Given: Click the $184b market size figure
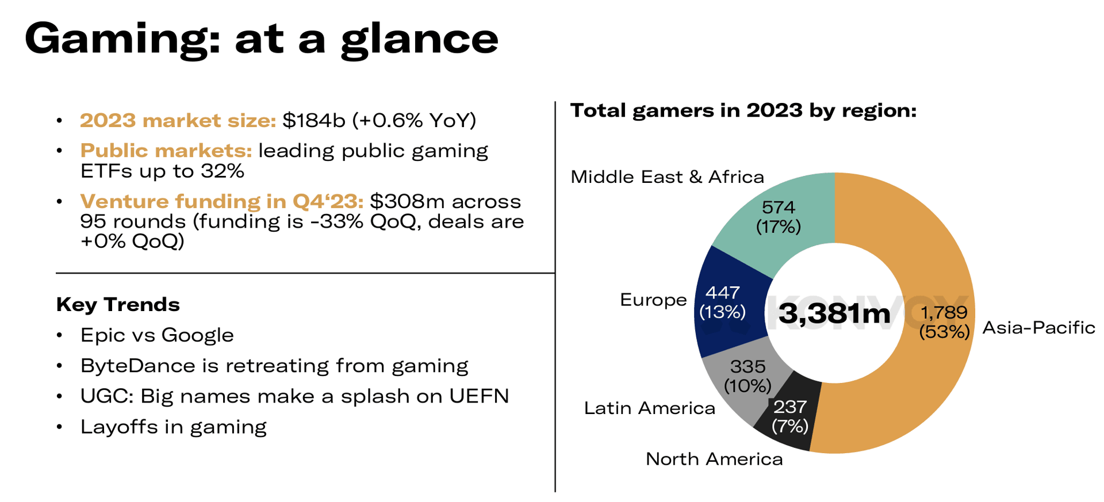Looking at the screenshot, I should click(313, 121).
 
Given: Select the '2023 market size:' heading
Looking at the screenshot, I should click(178, 121).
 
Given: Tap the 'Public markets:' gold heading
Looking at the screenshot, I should click(166, 151).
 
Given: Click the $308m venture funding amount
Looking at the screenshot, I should click(407, 202).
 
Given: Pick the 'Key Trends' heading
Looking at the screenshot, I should click(118, 304).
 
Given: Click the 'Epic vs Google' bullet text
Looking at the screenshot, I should click(157, 335).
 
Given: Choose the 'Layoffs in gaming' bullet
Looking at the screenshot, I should click(173, 427).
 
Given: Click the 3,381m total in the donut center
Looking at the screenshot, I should click(834, 314).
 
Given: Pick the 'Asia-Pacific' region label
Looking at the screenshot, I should click(1038, 328).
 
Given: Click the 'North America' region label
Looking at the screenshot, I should click(714, 459).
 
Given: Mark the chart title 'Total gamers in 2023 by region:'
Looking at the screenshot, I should click(743, 110).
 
